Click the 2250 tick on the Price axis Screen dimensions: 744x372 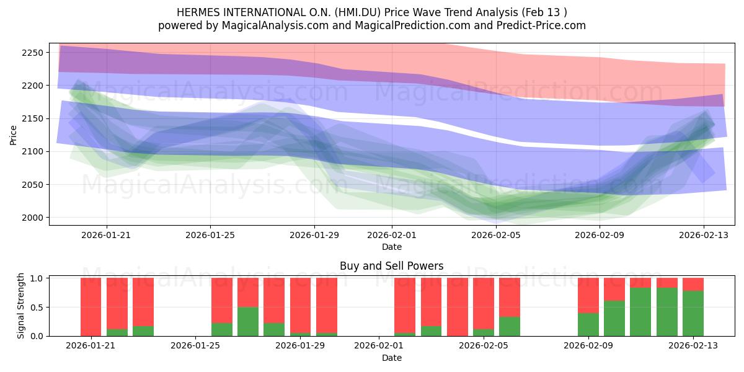pyautogui.click(x=32, y=53)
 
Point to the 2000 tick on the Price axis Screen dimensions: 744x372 pyautogui.click(x=32, y=218)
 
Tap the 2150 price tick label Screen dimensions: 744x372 pyautogui.click(x=32, y=119)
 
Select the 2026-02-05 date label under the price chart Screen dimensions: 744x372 pyautogui.click(x=496, y=235)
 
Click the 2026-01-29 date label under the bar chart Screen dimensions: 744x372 pyautogui.click(x=300, y=345)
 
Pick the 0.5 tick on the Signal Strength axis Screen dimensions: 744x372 pyautogui.click(x=37, y=308)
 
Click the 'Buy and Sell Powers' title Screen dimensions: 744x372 pyautogui.click(x=392, y=266)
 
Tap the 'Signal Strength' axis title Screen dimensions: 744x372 pyautogui.click(x=20, y=306)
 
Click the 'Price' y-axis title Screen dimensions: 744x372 pyautogui.click(x=13, y=135)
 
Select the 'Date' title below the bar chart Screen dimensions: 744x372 pyautogui.click(x=392, y=358)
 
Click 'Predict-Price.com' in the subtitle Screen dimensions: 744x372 pyautogui.click(x=541, y=25)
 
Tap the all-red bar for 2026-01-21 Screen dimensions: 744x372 pyautogui.click(x=91, y=307)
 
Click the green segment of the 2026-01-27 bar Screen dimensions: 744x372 pyautogui.click(x=248, y=322)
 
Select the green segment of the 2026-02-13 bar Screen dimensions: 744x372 pyautogui.click(x=693, y=314)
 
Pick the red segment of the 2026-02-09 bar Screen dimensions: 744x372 pyautogui.click(x=588, y=296)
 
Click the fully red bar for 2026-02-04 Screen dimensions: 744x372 pyautogui.click(x=458, y=307)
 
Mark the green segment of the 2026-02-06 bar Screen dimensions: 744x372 pyautogui.click(x=510, y=327)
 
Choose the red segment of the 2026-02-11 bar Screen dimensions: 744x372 pyautogui.click(x=640, y=283)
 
